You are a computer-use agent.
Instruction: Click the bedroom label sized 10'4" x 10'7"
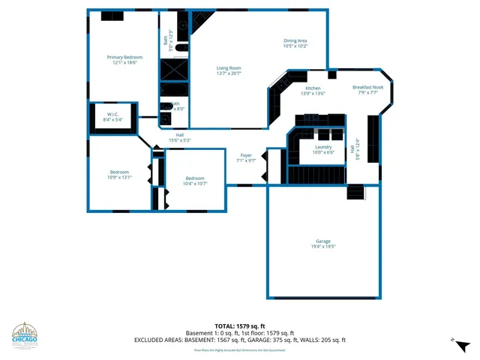pyautogui.click(x=196, y=180)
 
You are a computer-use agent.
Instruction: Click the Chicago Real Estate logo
pyautogui.click(x=27, y=335)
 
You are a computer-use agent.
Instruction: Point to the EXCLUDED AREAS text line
pyautogui.click(x=240, y=340)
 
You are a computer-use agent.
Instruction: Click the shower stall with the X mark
pyautogui.click(x=173, y=70)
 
